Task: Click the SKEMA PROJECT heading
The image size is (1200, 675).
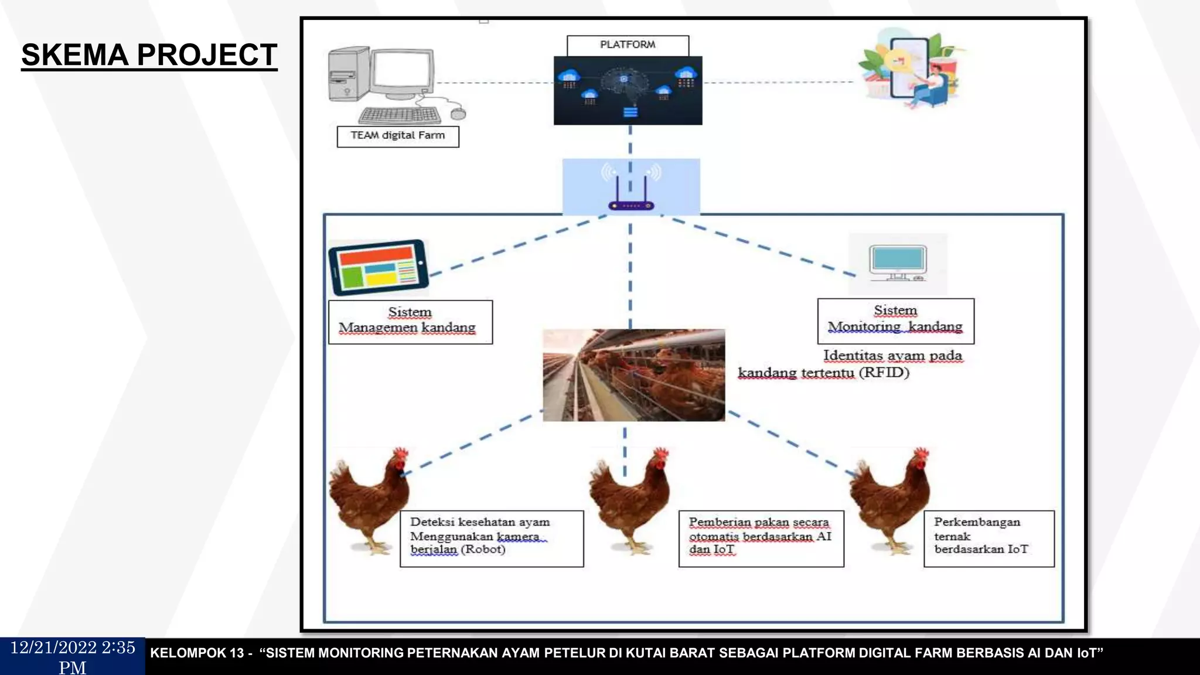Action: (x=149, y=55)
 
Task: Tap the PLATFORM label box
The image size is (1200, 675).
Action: (x=628, y=45)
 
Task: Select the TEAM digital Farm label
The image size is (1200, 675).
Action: (x=398, y=136)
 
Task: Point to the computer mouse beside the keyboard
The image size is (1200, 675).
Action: (x=458, y=113)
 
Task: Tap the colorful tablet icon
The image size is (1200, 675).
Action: (x=379, y=267)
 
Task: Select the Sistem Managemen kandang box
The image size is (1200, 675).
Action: (x=410, y=321)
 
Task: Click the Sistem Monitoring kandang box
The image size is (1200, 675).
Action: (x=895, y=320)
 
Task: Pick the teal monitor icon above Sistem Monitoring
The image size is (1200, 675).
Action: (x=898, y=262)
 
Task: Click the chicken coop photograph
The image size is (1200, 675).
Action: (x=633, y=375)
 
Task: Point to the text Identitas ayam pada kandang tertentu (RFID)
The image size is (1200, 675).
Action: (x=850, y=364)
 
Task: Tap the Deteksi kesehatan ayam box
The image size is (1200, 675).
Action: (x=491, y=538)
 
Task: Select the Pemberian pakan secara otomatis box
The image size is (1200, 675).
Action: (x=761, y=538)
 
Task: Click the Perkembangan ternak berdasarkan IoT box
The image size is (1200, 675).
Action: (x=988, y=538)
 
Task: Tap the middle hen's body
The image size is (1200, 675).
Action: (x=627, y=498)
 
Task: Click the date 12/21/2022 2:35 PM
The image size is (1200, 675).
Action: (x=73, y=656)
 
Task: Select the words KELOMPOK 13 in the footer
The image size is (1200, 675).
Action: (x=197, y=653)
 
